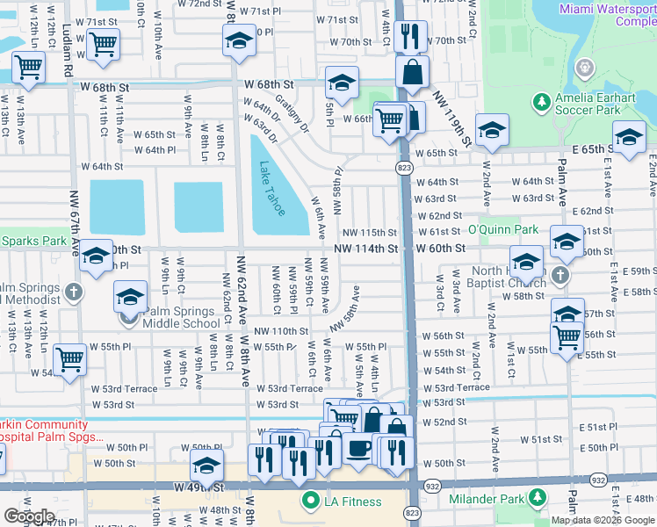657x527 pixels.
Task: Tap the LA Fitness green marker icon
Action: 309,502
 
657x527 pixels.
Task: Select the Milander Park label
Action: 486,500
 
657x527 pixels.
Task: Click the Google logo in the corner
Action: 28,516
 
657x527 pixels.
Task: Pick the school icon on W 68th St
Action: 340,82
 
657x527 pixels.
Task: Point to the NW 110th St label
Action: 282,331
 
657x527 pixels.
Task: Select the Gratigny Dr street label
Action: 291,114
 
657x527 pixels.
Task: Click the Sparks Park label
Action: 33,240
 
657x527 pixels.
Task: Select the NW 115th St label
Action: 370,232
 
